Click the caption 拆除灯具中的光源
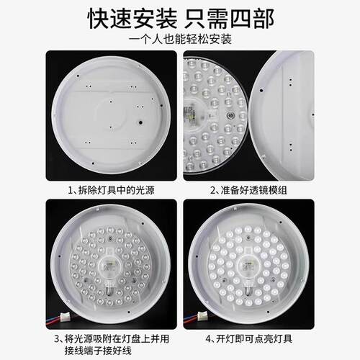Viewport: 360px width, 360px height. point(115,192)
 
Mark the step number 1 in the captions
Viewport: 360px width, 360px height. point(70,192)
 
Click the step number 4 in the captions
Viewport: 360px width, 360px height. point(209,337)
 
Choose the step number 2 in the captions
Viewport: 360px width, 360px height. point(213,192)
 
